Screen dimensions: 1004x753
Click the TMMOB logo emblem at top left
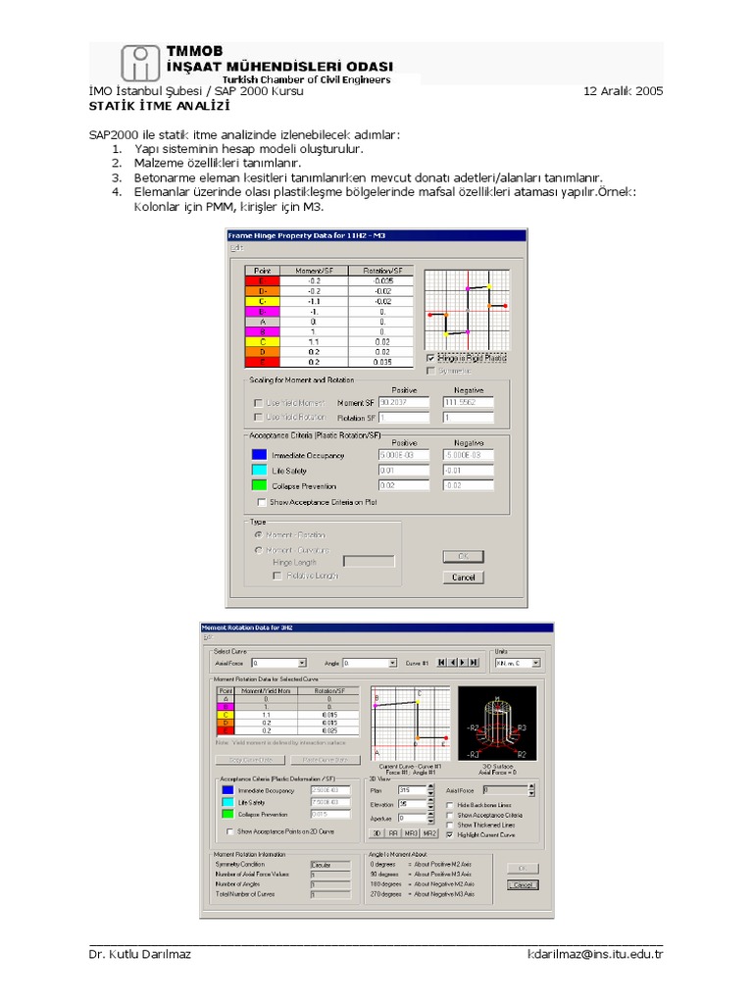pos(141,64)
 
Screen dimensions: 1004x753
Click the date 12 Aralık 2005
pos(623,91)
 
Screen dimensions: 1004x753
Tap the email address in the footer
pos(595,954)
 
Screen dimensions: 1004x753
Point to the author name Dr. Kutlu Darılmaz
pos(139,954)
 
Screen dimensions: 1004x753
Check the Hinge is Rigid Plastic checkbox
pos(431,358)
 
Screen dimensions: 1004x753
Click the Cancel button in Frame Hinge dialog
pos(463,577)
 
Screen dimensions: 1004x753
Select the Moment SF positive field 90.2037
pos(403,402)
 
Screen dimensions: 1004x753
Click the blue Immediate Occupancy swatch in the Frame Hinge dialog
pos(258,455)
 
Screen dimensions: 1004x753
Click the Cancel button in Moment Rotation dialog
pos(523,884)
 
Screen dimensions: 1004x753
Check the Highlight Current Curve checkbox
pos(450,835)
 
